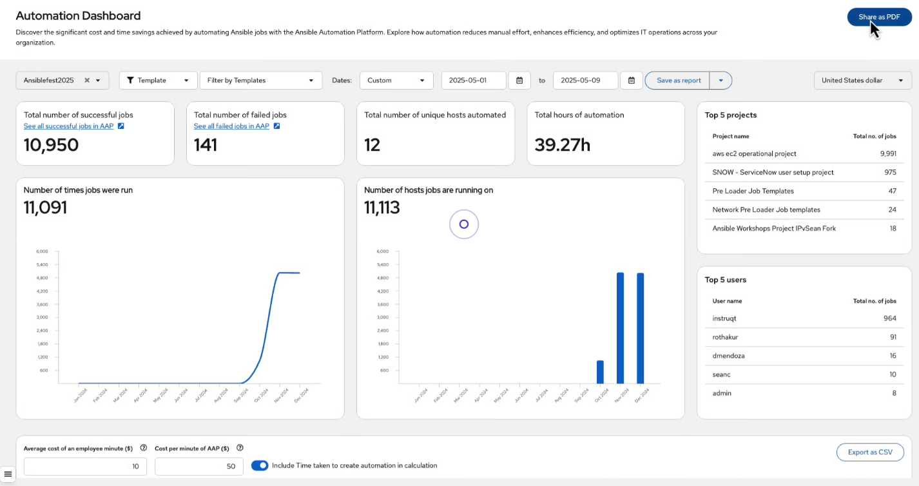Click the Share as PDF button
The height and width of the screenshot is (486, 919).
(879, 17)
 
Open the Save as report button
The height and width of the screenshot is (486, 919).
(678, 81)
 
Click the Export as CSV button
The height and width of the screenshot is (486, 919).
(869, 452)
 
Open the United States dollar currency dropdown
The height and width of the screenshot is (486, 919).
(862, 81)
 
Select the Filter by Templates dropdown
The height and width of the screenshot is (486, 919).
(260, 81)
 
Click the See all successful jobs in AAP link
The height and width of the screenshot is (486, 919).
(68, 126)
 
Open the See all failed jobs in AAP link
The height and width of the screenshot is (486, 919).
(231, 126)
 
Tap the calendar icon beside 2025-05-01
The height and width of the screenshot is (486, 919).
(519, 81)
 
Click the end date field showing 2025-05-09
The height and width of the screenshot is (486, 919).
(585, 81)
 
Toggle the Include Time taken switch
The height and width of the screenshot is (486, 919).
(260, 465)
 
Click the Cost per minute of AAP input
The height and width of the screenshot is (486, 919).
(198, 466)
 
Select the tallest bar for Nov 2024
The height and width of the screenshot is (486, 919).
(620, 328)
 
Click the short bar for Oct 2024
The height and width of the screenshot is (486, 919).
(600, 372)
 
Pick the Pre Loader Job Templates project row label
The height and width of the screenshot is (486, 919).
(753, 191)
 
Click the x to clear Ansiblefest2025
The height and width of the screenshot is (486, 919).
(87, 81)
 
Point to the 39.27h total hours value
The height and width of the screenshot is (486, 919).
(562, 145)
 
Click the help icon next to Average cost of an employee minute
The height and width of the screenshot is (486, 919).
(144, 448)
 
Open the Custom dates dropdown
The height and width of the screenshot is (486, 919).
(396, 81)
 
